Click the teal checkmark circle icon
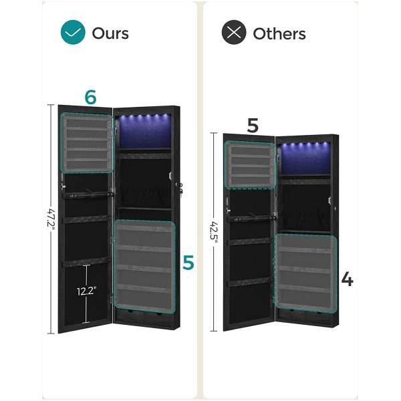(x=73, y=32)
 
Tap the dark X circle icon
(x=234, y=32)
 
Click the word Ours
(x=110, y=33)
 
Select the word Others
(x=279, y=33)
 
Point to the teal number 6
(x=90, y=97)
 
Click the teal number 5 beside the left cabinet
(x=188, y=263)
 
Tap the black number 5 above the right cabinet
(x=253, y=126)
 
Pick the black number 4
(x=348, y=279)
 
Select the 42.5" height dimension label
(x=214, y=231)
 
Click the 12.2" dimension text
(x=87, y=291)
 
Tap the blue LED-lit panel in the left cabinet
(x=145, y=131)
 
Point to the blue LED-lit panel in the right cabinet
(x=305, y=158)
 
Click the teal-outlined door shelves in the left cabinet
(x=87, y=143)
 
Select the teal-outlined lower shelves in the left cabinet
(x=145, y=266)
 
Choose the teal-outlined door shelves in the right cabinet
(x=250, y=165)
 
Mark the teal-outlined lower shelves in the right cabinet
(x=305, y=273)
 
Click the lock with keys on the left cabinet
(x=180, y=189)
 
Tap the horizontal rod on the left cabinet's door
(x=88, y=195)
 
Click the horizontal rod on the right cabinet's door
(x=252, y=218)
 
